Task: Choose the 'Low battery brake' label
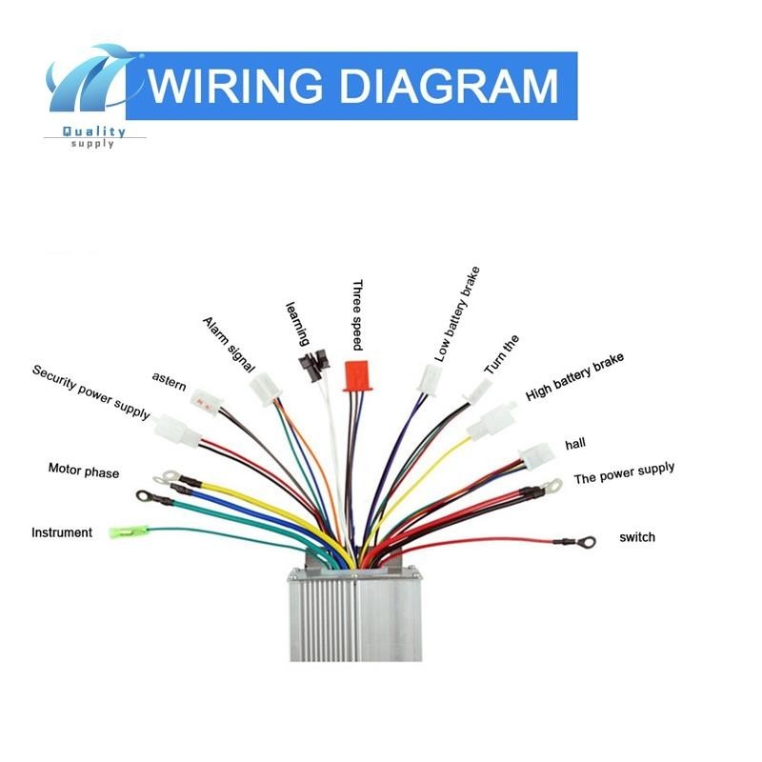pos(458,314)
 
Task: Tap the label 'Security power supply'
pos(90,391)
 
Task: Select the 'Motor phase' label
pos(84,470)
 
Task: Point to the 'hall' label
pos(575,445)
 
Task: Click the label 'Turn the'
pos(501,354)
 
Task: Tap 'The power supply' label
pos(624,472)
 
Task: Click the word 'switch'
pos(637,537)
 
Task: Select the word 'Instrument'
pos(62,532)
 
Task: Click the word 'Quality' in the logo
pos(92,132)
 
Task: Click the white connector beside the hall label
pos(535,451)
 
